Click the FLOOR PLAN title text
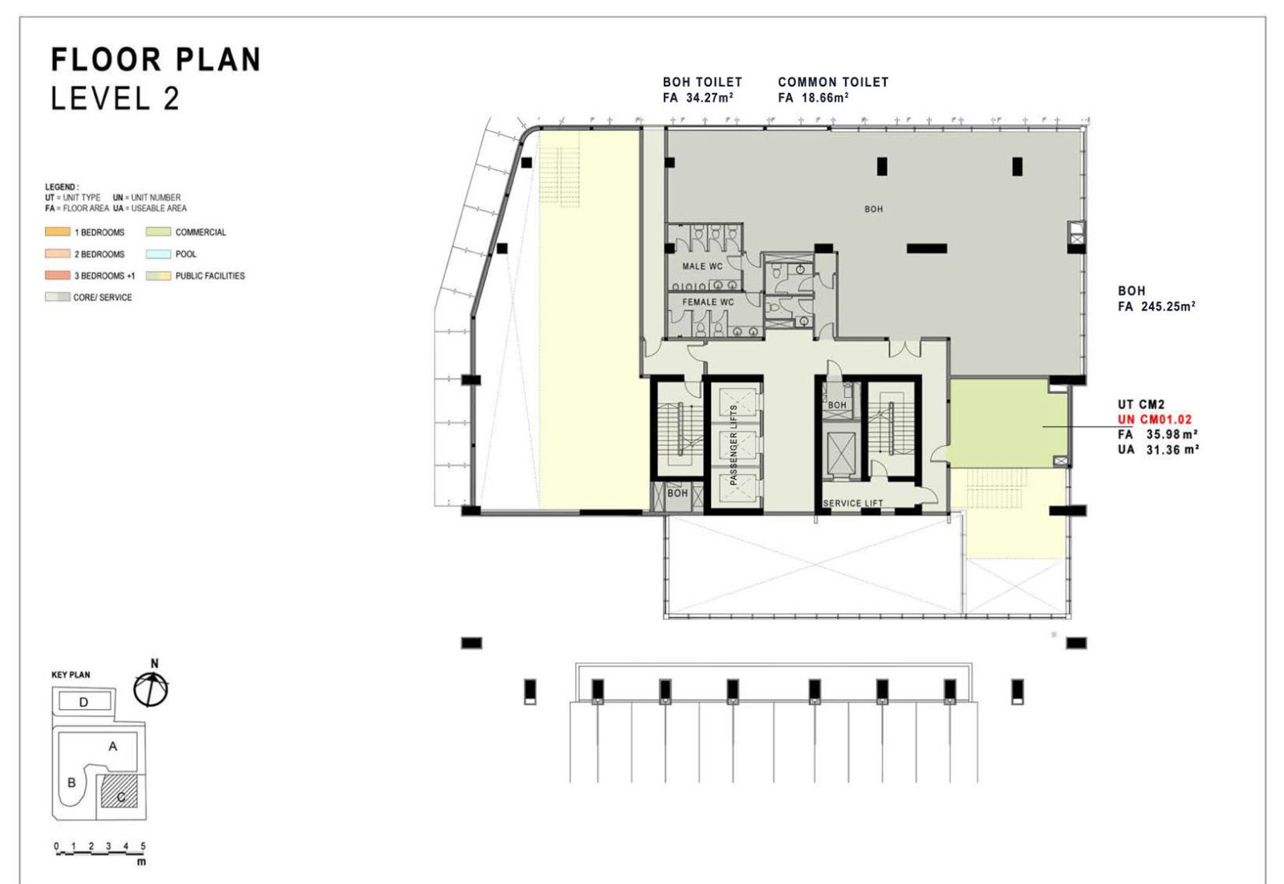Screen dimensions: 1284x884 pyautogui.click(x=156, y=59)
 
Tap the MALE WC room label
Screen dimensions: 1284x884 pyautogui.click(x=702, y=266)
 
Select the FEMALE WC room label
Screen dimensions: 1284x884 pyautogui.click(x=708, y=302)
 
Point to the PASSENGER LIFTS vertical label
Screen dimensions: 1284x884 pyautogui.click(x=733, y=444)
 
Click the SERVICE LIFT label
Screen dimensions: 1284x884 pyautogui.click(x=853, y=503)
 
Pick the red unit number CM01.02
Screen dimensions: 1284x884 pyautogui.click(x=1155, y=420)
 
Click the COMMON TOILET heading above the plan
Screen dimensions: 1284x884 pyautogui.click(x=833, y=83)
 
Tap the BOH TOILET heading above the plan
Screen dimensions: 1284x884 pyautogui.click(x=702, y=83)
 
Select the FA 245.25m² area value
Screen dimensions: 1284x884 pyautogui.click(x=1156, y=306)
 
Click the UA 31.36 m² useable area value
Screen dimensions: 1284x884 pyautogui.click(x=1159, y=450)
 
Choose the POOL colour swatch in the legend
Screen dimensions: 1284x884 pyautogui.click(x=158, y=253)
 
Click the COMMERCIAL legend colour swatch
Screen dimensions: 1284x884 pyautogui.click(x=158, y=232)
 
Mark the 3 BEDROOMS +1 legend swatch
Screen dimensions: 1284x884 pyautogui.click(x=57, y=276)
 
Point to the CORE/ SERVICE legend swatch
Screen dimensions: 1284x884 pyautogui.click(x=57, y=298)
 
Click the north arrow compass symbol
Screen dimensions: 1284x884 pyautogui.click(x=151, y=687)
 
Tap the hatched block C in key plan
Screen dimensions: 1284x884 pyautogui.click(x=120, y=791)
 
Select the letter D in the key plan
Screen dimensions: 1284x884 pyautogui.click(x=83, y=702)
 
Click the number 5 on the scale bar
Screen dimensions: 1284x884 pyautogui.click(x=143, y=845)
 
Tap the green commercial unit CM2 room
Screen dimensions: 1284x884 pyautogui.click(x=1006, y=422)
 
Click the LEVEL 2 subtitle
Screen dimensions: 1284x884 pyautogui.click(x=116, y=99)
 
